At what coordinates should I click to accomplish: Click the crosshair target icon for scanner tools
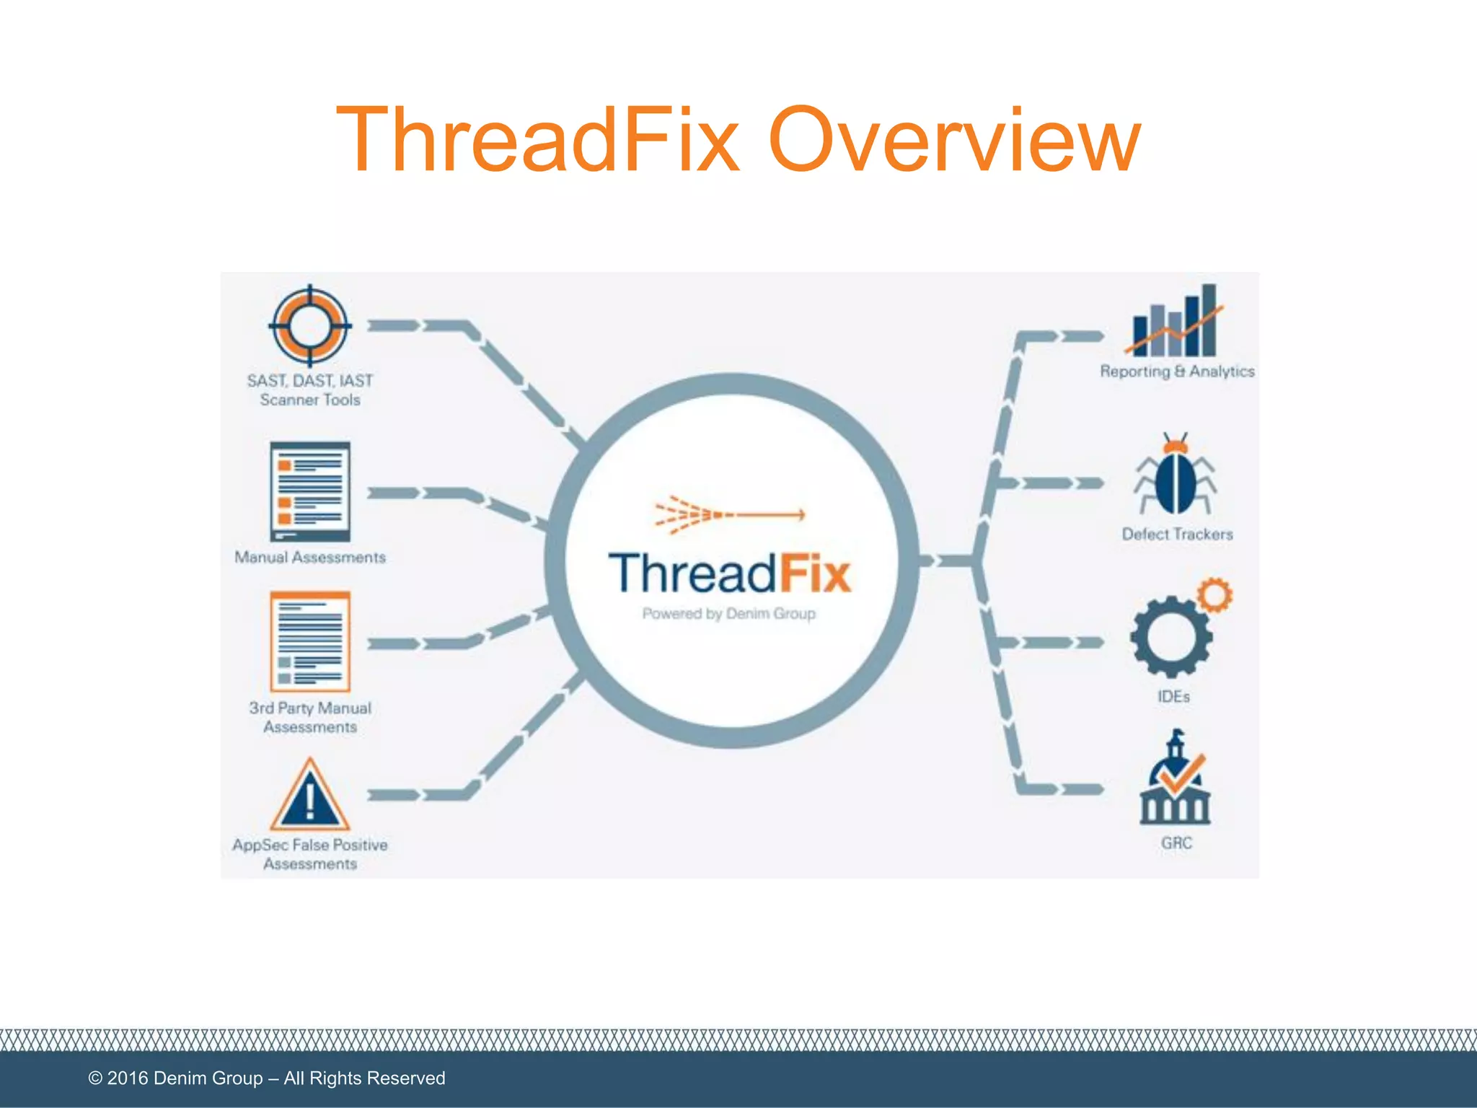click(310, 325)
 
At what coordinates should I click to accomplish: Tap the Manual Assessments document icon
click(310, 491)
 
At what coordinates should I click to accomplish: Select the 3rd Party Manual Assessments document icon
click(310, 641)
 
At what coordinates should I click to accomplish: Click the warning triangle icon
click(310, 796)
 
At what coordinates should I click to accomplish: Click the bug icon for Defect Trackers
click(1175, 477)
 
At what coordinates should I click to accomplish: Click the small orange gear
click(1215, 595)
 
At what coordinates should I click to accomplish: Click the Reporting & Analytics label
click(1177, 371)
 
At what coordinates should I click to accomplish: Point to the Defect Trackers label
click(1177, 535)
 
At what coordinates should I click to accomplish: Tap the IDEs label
click(1173, 697)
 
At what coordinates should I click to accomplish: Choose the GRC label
click(1176, 843)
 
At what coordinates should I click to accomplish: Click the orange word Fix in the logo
click(814, 574)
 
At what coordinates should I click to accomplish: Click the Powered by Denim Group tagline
click(728, 614)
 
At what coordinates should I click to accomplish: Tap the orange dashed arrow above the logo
click(728, 515)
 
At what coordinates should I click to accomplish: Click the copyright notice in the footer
click(267, 1078)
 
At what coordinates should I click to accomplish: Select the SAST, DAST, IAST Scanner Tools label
click(310, 390)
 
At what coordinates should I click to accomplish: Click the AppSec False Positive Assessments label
click(310, 854)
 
